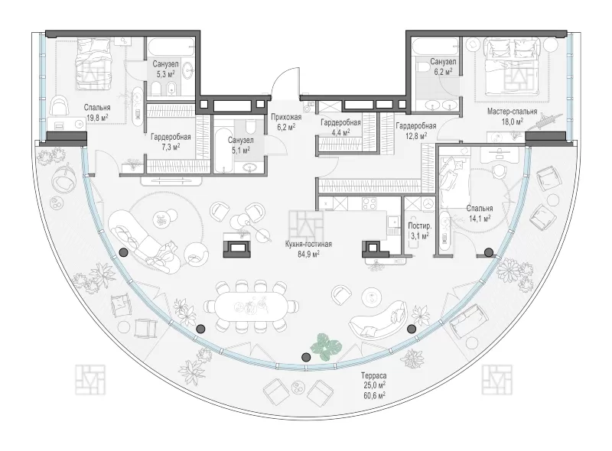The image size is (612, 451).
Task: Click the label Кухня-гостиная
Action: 308,244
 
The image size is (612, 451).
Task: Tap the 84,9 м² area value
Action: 308,255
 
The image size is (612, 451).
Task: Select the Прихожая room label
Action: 286,117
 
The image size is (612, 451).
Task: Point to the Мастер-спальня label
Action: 512,112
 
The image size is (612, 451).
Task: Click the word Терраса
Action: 373,375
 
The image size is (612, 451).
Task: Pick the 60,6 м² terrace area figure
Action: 373,395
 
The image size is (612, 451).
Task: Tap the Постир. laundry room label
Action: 419,226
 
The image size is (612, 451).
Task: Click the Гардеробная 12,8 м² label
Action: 416,130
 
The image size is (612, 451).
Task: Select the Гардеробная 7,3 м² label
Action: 171,141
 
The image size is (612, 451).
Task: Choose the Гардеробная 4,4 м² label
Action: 340,127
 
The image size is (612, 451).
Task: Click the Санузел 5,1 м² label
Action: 240,144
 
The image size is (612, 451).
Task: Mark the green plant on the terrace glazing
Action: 327,346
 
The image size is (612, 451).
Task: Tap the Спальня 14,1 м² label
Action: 480,213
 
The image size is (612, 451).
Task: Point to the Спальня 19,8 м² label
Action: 97,112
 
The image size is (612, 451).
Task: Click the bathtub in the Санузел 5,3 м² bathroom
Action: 171,47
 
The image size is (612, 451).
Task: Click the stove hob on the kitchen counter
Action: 369,203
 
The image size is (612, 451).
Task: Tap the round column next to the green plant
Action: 307,356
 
